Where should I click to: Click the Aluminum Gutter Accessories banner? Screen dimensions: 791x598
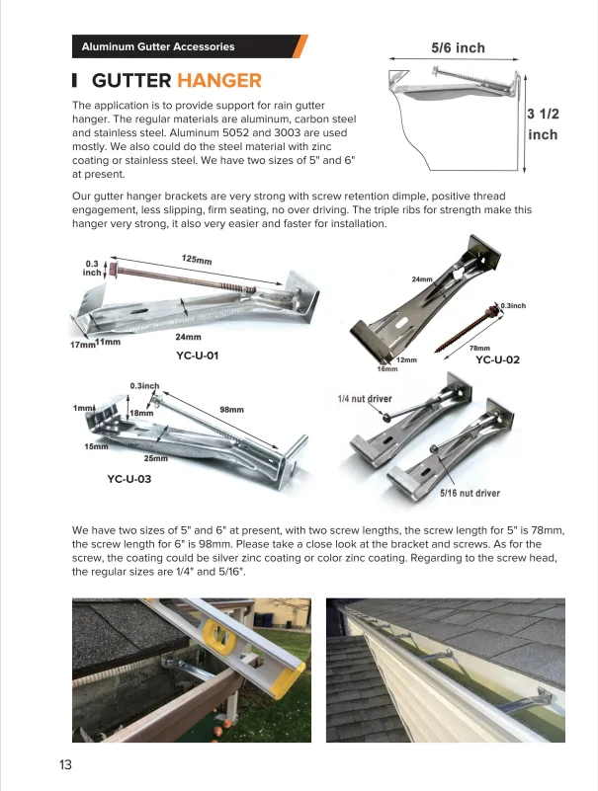[x=158, y=46]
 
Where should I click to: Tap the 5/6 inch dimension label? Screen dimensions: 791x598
[x=458, y=47]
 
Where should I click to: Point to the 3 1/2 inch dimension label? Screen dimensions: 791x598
[x=543, y=123]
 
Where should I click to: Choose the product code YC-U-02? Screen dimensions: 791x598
[x=497, y=359]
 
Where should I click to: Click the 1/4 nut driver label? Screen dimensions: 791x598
[x=365, y=399]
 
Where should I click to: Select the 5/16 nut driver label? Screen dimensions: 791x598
[x=470, y=493]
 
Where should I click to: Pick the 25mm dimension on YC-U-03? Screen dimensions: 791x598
[x=156, y=458]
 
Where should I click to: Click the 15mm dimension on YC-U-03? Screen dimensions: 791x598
[x=96, y=447]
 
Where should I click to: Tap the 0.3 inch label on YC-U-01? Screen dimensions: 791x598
[x=92, y=267]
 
